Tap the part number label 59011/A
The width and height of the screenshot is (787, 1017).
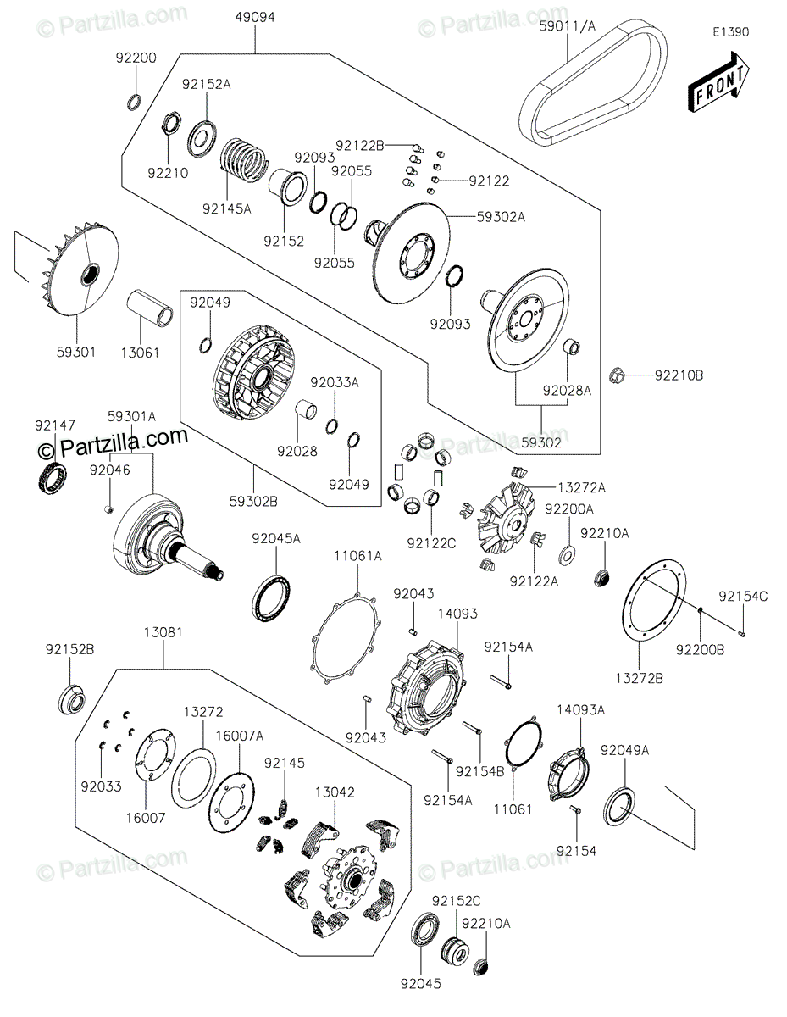coord(568,26)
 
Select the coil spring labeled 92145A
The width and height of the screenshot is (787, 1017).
coord(244,160)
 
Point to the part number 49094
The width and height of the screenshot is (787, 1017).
coord(255,17)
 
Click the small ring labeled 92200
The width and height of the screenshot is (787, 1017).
coord(134,102)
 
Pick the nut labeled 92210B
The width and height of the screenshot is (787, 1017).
coord(617,375)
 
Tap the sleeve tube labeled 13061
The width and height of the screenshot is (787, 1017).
coord(150,308)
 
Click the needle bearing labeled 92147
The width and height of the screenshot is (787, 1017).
coord(52,477)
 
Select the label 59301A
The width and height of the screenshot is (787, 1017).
coord(131,416)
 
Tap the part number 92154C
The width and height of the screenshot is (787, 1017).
coord(743,597)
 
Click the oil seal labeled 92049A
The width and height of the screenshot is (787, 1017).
coord(619,807)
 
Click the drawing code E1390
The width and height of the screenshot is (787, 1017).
coord(730,32)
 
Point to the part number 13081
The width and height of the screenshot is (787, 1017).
coord(163,632)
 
